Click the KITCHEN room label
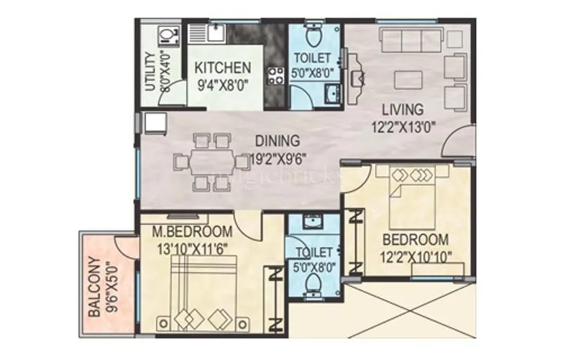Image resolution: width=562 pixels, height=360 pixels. tap(223, 68)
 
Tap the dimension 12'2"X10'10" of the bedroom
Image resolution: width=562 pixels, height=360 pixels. tap(414, 256)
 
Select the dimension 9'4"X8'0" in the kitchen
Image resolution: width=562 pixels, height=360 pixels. tap(223, 84)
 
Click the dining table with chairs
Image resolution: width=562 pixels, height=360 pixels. tap(204, 161)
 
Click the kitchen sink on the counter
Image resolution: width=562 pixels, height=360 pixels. tap(215, 32)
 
